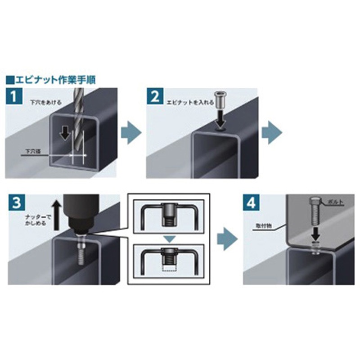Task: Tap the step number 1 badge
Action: pos(14,97)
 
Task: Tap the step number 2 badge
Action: pos(155,97)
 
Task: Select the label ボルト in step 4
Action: pos(335,202)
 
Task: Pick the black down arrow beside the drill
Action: pos(65,133)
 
